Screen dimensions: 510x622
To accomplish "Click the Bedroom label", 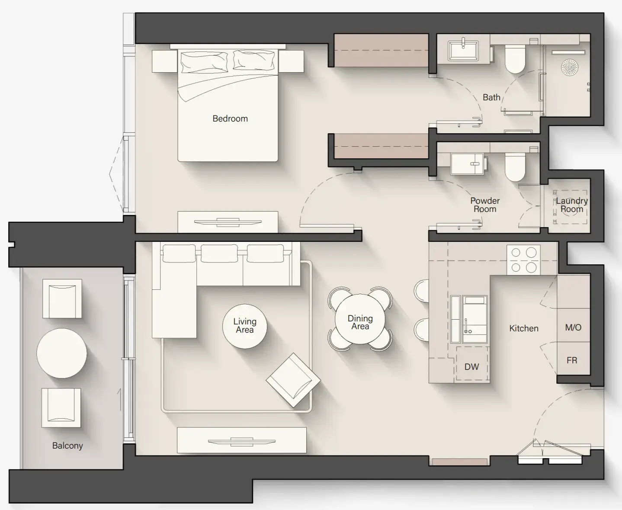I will [230, 119].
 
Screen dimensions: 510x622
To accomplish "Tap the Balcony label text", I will [67, 446].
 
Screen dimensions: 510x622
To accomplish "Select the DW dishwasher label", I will [471, 367].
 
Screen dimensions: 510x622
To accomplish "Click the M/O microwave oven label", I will [573, 327].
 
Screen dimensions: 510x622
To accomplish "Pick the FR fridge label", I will [572, 360].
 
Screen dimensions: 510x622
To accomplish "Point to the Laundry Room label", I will [571, 205].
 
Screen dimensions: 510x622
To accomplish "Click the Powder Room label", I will [485, 205].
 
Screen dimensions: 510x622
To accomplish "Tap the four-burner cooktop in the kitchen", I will [523, 260].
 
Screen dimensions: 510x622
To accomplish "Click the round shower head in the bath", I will [569, 67].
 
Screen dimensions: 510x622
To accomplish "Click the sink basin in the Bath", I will [463, 51].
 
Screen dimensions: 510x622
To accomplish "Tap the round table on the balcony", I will [61, 353].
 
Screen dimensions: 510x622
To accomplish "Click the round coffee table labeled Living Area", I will [244, 326].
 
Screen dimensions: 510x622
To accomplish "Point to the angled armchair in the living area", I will [293, 380].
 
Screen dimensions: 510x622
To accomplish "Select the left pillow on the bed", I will [204, 61].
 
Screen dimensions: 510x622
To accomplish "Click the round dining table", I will [360, 318].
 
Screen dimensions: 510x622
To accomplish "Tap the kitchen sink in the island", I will [475, 319].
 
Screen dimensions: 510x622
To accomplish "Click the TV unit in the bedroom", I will [228, 222].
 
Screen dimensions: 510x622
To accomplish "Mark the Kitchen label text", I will [523, 328].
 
